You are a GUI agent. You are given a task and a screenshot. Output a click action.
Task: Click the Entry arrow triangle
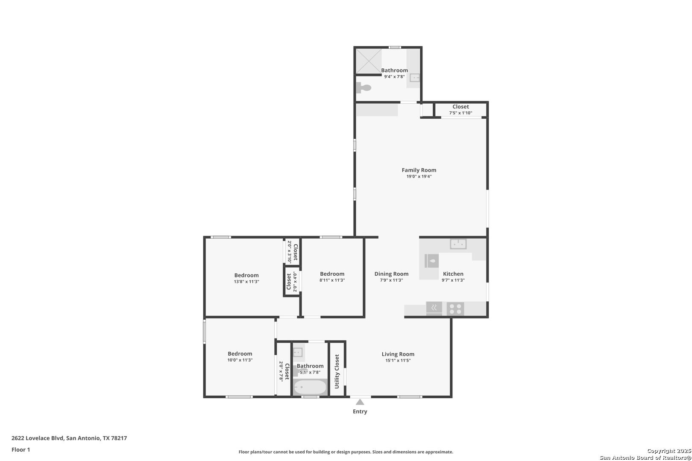pyautogui.click(x=360, y=402)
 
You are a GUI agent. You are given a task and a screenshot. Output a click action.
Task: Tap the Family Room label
pyautogui.click(x=419, y=170)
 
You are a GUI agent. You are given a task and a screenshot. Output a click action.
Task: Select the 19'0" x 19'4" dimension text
pyautogui.click(x=419, y=176)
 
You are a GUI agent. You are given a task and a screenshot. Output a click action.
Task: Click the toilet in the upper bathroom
pyautogui.click(x=364, y=88)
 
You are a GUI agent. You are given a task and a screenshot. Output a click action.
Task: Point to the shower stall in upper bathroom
pyautogui.click(x=369, y=61)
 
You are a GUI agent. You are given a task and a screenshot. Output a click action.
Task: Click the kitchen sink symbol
pyautogui.click(x=458, y=244)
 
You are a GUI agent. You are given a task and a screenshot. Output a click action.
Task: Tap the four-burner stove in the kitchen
pyautogui.click(x=455, y=309)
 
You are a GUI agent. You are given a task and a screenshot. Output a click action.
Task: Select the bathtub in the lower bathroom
pyautogui.click(x=310, y=387)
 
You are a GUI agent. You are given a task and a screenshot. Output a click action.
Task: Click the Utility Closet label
pyautogui.click(x=337, y=371)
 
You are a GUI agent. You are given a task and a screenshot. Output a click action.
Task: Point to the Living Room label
pyautogui.click(x=398, y=354)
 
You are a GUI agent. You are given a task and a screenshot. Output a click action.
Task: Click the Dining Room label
pyautogui.click(x=391, y=274)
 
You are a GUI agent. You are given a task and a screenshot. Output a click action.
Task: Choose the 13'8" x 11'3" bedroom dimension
pyautogui.click(x=246, y=282)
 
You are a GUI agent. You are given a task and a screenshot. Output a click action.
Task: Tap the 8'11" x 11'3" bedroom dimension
pyautogui.click(x=332, y=280)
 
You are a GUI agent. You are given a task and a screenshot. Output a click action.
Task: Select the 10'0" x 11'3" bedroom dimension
pyautogui.click(x=240, y=360)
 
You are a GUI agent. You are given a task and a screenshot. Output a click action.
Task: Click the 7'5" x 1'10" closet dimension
pyautogui.click(x=460, y=113)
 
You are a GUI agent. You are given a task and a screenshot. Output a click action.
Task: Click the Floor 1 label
pyautogui.click(x=21, y=449)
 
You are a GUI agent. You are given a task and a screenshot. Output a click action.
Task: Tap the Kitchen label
pyautogui.click(x=453, y=274)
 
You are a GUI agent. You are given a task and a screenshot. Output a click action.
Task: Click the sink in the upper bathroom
pyautogui.click(x=415, y=78)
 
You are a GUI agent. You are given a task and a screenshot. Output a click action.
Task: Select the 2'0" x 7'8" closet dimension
pyautogui.click(x=281, y=371)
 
